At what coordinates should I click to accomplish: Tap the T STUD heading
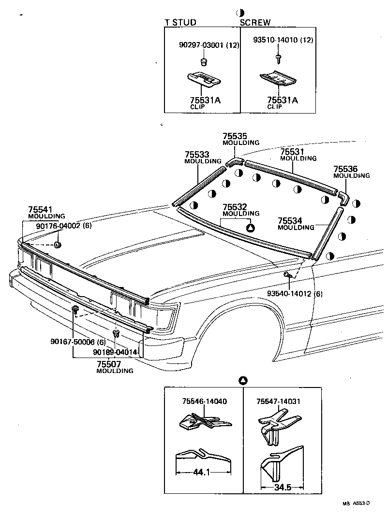[180, 22]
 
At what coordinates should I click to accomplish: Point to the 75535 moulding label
[235, 136]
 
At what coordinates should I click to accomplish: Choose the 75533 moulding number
[197, 155]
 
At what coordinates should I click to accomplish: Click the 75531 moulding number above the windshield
[292, 152]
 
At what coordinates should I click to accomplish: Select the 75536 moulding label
[345, 169]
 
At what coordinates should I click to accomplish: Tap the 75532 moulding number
[235, 207]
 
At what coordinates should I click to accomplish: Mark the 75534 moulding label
[290, 220]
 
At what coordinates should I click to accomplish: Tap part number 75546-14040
[205, 401]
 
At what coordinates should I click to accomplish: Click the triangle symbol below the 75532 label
[250, 228]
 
